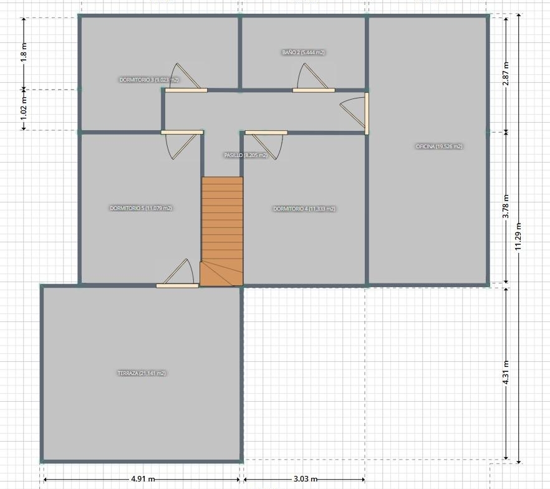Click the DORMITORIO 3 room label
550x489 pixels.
(149, 80)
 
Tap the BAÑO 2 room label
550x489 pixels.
(304, 52)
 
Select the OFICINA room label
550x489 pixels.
(439, 146)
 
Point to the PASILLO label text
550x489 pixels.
(246, 155)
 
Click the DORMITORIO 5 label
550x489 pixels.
(141, 208)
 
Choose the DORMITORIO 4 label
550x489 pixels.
(304, 209)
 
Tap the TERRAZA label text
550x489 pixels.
(142, 373)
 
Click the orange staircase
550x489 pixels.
(222, 231)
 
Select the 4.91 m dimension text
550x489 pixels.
(143, 478)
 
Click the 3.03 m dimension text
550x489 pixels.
(305, 478)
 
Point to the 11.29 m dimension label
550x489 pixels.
(518, 236)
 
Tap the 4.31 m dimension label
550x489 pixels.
(506, 372)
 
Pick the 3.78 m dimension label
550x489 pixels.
(506, 206)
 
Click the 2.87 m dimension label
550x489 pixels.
(506, 74)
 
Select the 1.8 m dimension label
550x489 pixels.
(24, 52)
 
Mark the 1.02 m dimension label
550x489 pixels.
(24, 108)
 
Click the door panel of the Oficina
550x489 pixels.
(367, 113)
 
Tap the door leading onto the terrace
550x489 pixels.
(177, 286)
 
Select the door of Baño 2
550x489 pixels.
(314, 90)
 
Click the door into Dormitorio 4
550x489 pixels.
(266, 133)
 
